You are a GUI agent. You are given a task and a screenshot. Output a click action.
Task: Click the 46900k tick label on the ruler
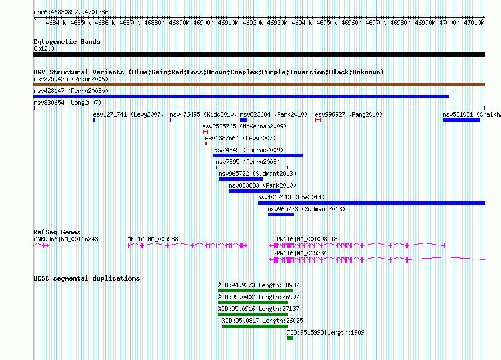tap(203, 23)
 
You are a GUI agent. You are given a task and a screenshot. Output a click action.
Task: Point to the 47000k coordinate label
tap(449, 23)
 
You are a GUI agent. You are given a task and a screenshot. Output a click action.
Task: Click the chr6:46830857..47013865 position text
tap(73, 12)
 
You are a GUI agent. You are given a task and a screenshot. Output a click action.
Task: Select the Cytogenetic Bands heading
tap(67, 42)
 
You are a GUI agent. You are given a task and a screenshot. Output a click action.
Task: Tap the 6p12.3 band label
tap(44, 48)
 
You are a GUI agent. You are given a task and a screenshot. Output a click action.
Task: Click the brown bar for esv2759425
tap(259, 85)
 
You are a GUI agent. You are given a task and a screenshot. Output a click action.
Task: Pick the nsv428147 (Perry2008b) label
tap(71, 91)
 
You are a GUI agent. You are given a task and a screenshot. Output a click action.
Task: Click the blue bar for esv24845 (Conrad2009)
tap(257, 155)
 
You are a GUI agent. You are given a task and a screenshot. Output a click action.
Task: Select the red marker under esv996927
tap(318, 120)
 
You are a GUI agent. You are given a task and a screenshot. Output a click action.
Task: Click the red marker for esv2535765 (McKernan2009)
tap(205, 132)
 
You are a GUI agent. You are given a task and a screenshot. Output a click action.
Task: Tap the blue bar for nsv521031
tap(461, 120)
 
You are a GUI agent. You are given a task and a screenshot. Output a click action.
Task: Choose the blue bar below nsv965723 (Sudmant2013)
tap(281, 215)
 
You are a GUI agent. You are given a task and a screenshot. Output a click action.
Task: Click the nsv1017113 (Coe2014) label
tap(291, 197)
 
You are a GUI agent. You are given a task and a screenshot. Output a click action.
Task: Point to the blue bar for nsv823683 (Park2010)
tap(254, 191)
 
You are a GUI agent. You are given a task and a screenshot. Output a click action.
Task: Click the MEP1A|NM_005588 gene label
tap(153, 239)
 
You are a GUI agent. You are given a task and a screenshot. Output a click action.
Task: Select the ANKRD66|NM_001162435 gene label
tap(68, 239)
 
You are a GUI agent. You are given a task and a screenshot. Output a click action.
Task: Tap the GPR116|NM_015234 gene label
tap(300, 253)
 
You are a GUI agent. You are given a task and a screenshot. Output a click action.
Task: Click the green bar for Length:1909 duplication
tap(290, 338)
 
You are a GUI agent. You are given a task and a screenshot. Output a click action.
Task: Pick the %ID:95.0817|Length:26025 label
tap(263, 321)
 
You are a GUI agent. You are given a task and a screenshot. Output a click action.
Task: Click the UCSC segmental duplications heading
tap(87, 278)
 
